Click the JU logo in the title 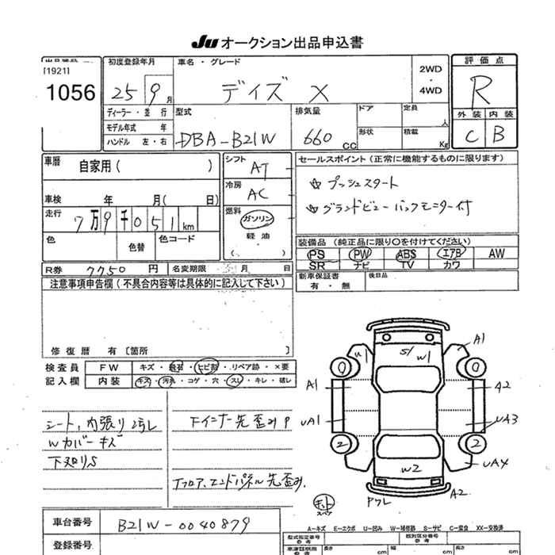(x=204, y=41)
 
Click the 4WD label (x=431, y=90)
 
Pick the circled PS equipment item (x=316, y=254)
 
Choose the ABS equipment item (x=406, y=254)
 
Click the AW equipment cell (x=496, y=254)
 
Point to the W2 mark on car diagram (x=410, y=470)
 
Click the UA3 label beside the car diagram (x=507, y=419)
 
